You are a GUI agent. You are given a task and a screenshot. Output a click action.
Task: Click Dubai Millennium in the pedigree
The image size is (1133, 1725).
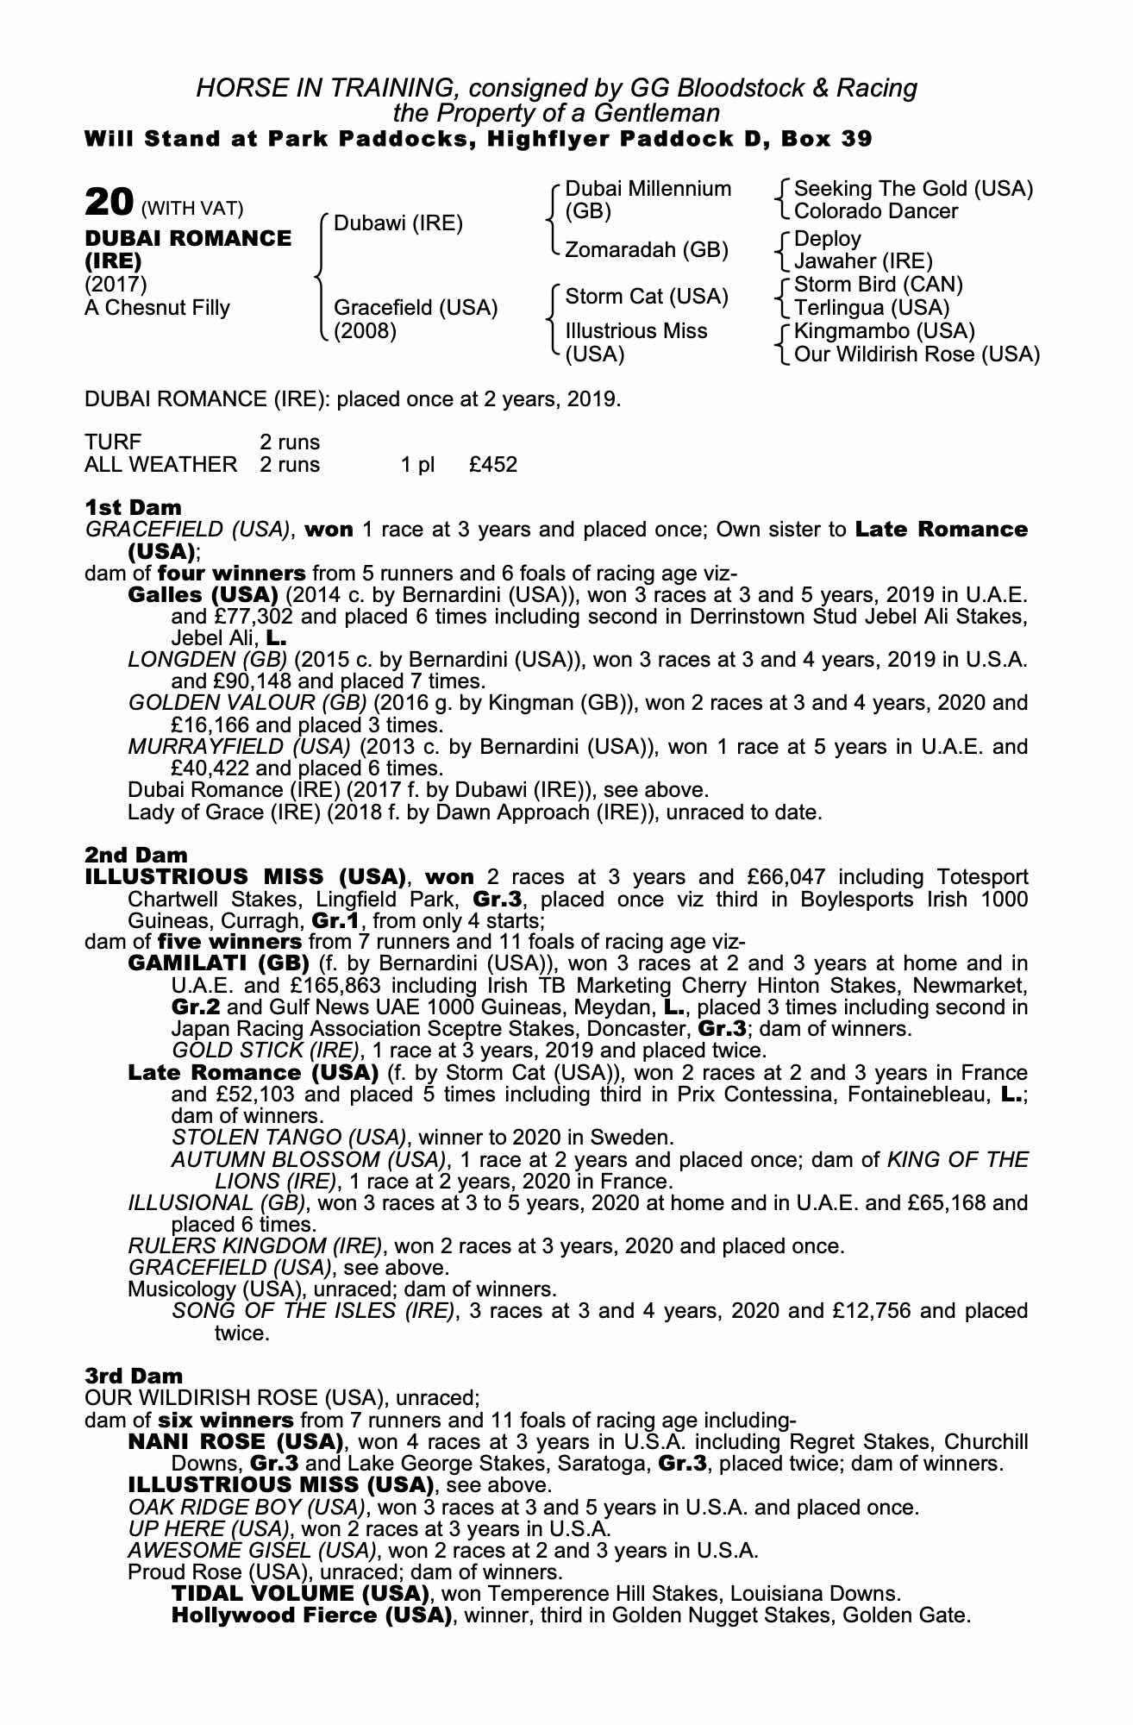pos(648,189)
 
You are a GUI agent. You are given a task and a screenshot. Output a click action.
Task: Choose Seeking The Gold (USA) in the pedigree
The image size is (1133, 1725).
pos(913,189)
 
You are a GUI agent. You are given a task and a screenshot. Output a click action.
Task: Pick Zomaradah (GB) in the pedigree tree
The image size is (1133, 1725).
pos(647,250)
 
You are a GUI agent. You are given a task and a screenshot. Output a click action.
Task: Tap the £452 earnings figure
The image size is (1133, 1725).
pos(493,466)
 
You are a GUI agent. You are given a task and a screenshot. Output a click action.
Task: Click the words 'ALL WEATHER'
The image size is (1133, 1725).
pos(160,466)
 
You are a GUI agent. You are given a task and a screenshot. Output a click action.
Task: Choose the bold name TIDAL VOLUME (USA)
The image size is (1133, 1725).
pos(300,1593)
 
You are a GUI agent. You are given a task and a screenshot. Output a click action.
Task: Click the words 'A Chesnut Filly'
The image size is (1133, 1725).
pos(157,308)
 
